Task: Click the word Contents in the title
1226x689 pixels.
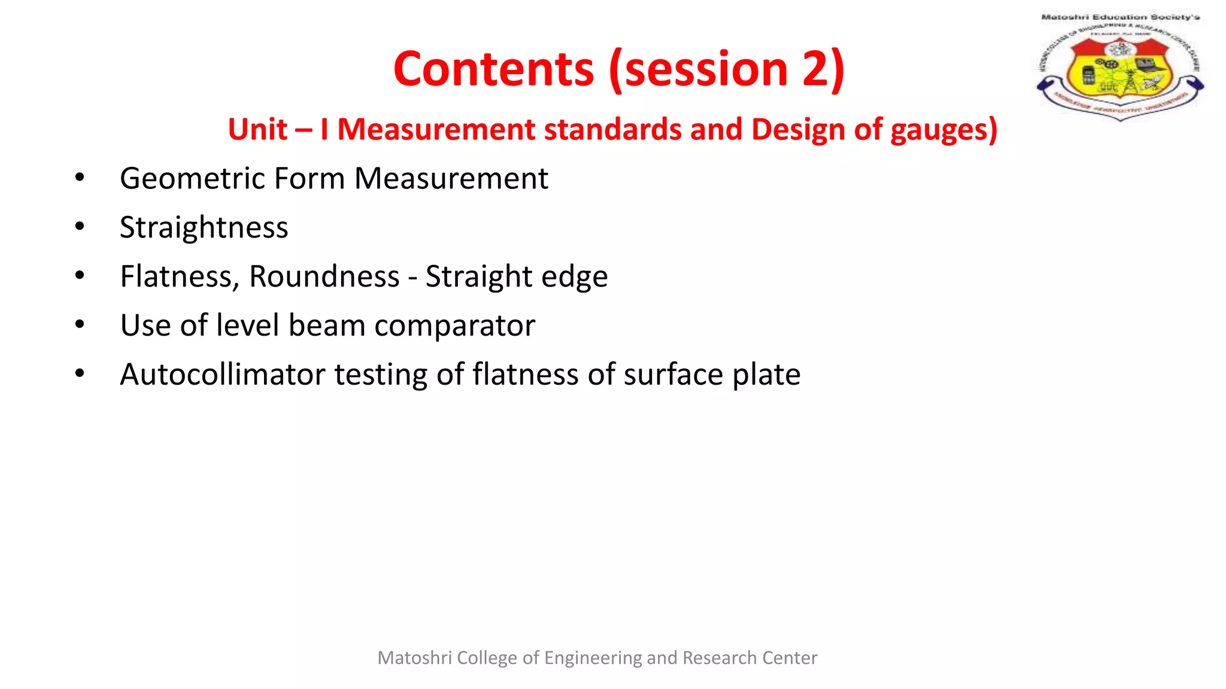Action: click(493, 69)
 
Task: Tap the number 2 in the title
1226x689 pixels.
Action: click(816, 69)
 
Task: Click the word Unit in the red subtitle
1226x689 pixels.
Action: click(258, 129)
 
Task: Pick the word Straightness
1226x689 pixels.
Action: click(204, 227)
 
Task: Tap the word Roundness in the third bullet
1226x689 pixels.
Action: click(324, 276)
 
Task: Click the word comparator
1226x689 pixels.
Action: click(454, 325)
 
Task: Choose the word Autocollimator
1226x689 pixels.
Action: click(222, 374)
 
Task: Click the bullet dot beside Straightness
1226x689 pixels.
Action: click(80, 227)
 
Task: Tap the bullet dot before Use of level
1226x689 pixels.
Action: click(80, 325)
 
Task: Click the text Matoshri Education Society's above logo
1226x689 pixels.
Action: click(1120, 17)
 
